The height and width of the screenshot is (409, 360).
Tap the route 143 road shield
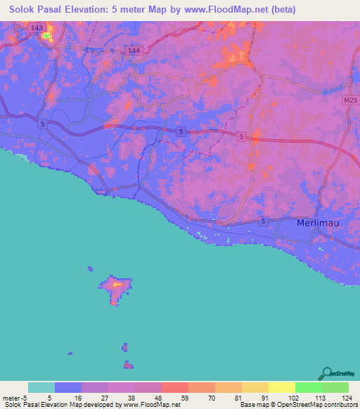tap(37, 27)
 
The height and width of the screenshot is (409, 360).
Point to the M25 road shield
tap(351, 101)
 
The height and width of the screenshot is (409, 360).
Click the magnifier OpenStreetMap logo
tap(327, 372)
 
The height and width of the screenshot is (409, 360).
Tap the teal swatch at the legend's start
tap(41, 387)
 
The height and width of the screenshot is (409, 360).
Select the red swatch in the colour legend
tap(174, 387)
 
